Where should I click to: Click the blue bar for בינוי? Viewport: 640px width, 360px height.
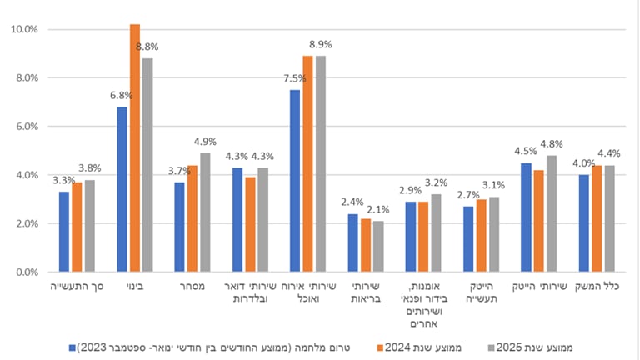(122, 189)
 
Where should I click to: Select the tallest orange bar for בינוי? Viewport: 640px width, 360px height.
(135, 148)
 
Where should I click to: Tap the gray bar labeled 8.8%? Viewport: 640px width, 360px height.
(147, 165)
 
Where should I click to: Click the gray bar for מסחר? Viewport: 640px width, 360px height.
(206, 212)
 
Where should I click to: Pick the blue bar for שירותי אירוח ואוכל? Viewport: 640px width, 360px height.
(296, 181)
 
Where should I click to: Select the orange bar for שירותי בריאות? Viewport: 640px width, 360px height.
(366, 245)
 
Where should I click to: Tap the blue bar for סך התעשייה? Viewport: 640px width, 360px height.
(64, 232)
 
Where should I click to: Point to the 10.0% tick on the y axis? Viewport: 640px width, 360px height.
(24, 30)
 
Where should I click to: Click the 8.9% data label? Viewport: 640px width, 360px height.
(321, 44)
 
